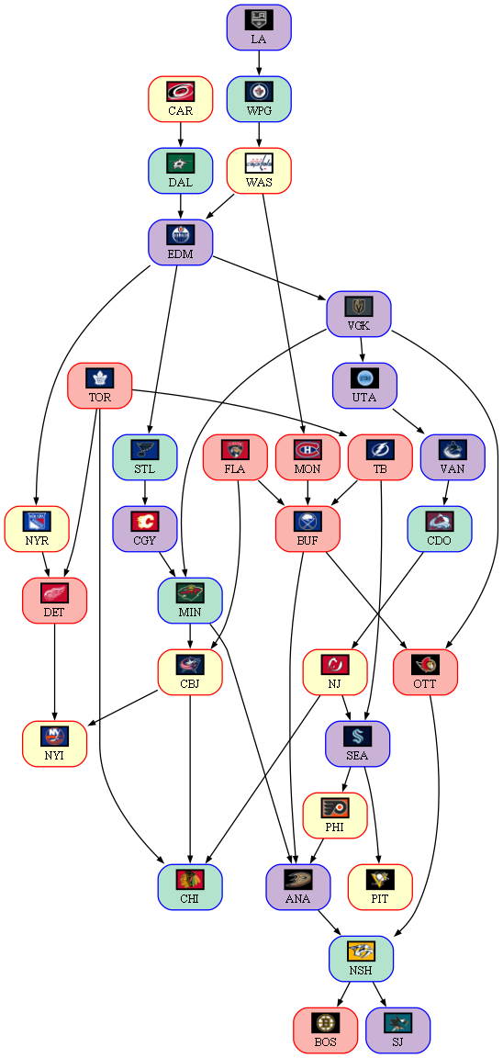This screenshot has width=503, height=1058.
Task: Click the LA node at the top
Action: click(258, 27)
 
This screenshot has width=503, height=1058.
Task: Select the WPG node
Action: click(258, 98)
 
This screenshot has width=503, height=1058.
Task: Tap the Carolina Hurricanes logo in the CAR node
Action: click(180, 91)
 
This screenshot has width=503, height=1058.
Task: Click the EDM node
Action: click(180, 242)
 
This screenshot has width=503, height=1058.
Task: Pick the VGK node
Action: click(359, 314)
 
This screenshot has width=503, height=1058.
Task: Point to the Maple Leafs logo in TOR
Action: click(100, 377)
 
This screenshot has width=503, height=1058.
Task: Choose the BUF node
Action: click(307, 529)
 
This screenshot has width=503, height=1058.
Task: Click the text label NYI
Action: click(55, 755)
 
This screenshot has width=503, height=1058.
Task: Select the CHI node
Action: click(189, 887)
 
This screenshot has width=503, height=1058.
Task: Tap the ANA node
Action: click(297, 887)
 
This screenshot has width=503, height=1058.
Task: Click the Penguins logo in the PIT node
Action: click(380, 880)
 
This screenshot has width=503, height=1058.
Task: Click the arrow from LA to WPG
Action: click(258, 62)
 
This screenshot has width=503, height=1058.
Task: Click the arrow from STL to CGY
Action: click(145, 493)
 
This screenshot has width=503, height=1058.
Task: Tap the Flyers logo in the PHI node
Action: click(334, 808)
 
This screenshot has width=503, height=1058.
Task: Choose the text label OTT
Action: click(425, 683)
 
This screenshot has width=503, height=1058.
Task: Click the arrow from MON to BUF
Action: click(307, 493)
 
